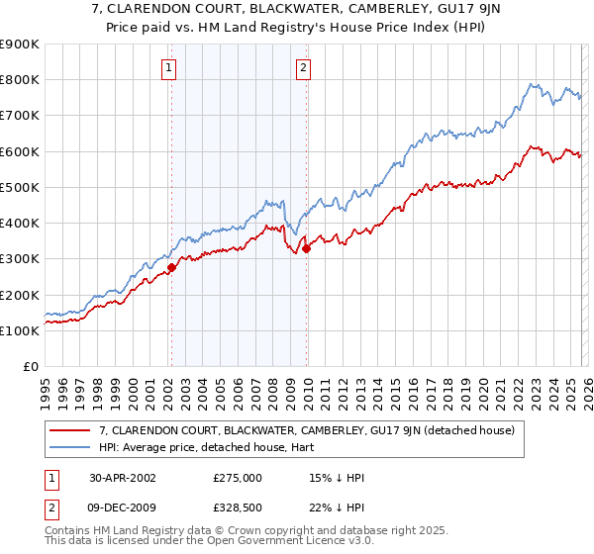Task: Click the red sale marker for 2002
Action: coord(171,266)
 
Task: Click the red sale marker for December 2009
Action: coord(306,248)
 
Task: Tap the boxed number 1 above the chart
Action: coord(170,68)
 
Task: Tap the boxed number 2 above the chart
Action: coord(303,68)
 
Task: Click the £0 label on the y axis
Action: coord(29,367)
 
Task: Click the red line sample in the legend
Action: coord(70,430)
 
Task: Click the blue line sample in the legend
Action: coord(70,448)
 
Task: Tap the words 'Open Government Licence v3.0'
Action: coord(296,542)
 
